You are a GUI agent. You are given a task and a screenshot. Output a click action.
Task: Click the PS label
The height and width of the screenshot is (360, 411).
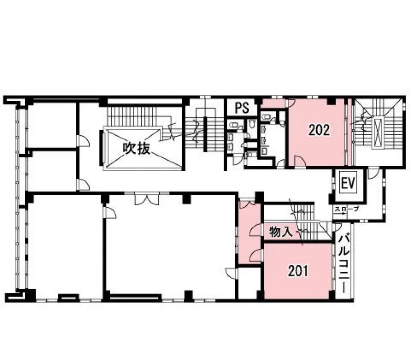coord(242,107)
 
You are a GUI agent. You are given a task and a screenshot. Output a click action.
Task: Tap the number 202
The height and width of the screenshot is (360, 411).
coord(319,130)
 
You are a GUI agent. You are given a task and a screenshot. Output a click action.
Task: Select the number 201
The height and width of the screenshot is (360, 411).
coord(298,271)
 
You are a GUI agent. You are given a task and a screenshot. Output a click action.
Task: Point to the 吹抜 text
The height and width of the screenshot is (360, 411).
coord(136,149)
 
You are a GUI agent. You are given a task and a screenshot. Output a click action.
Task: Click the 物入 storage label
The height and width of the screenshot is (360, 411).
coord(281,232)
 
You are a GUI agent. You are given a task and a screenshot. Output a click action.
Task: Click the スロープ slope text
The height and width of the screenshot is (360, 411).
coord(346,209)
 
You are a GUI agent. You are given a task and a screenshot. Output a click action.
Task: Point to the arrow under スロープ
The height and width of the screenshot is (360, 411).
coord(340,213)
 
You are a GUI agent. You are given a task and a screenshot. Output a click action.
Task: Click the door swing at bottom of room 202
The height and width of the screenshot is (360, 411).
coord(299,161)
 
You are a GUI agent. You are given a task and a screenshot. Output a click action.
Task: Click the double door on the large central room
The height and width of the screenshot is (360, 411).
coord(147,199)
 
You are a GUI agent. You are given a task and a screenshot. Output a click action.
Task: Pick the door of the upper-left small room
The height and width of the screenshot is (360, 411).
coord(83,141)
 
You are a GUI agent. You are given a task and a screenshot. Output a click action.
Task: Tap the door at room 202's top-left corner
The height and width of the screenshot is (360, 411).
coord(291,103)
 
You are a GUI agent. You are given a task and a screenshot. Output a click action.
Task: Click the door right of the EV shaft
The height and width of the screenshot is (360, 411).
coord(374,174)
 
